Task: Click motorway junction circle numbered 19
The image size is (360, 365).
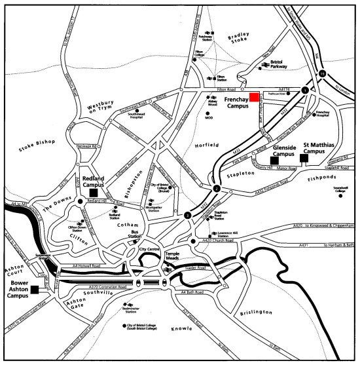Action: pyautogui.click(x=321, y=75)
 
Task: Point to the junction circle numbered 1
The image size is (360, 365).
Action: pyautogui.click(x=304, y=89)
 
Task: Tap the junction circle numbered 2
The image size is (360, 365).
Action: pyautogui.click(x=216, y=189)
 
